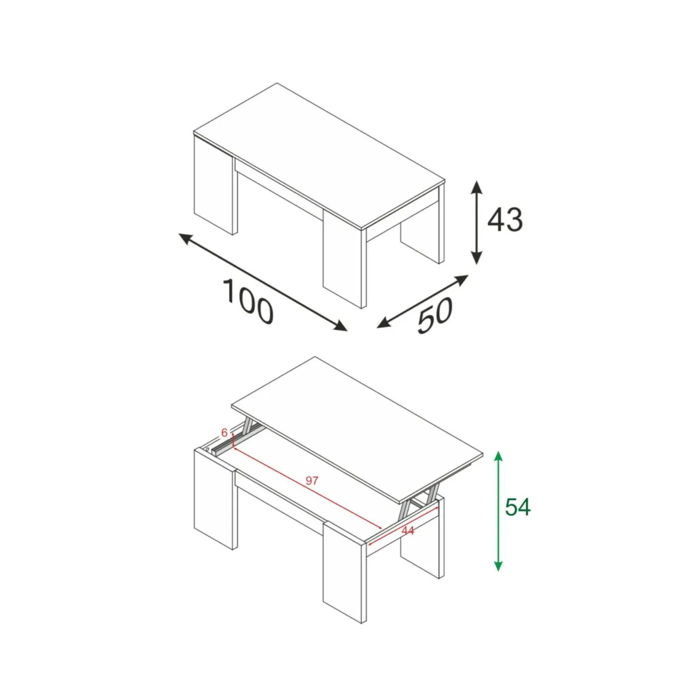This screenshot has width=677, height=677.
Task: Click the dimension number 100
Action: click(248, 301)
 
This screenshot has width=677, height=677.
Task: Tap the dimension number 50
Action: click(435, 315)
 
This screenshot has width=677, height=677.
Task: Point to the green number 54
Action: click(518, 507)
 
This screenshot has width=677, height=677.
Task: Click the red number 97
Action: click(312, 480)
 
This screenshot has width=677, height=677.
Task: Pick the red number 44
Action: click(407, 530)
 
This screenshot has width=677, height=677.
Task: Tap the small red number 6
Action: click(224, 432)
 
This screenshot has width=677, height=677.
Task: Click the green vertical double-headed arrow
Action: click(498, 511)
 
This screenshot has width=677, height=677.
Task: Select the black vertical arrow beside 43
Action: click(476, 222)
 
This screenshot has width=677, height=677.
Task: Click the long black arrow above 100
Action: click(263, 282)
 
